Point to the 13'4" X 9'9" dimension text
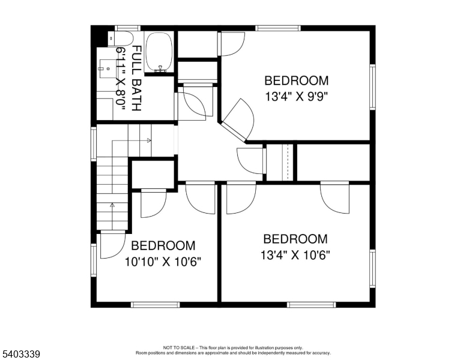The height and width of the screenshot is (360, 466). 297,95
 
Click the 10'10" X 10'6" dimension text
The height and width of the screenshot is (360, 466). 163,262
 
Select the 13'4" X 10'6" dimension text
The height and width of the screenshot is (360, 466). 295,254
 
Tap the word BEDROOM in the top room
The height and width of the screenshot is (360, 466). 297,80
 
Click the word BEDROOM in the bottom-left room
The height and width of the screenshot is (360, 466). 163,245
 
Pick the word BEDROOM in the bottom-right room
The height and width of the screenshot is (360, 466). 295,239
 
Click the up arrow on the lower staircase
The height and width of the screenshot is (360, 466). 112,205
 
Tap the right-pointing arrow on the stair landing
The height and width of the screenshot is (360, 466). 148,140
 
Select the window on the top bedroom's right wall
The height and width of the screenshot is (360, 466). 372,88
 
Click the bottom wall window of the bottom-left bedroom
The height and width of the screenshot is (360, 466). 155,305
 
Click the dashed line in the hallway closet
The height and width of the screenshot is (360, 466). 289,161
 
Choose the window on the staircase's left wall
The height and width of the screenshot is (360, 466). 94,143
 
